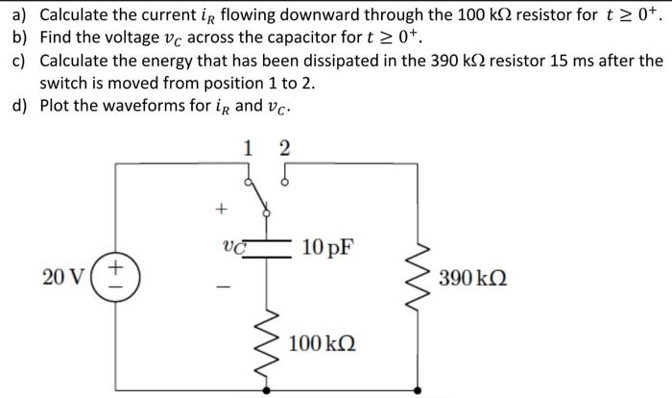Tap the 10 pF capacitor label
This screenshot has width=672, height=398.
point(326,248)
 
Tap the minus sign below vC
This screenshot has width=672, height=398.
point(222,286)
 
